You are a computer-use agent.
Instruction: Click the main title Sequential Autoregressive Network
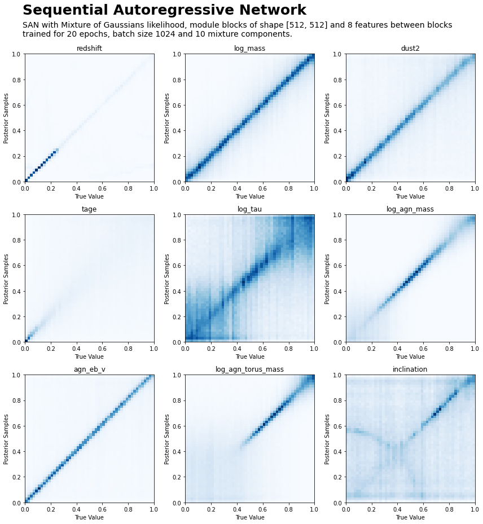tap(164, 10)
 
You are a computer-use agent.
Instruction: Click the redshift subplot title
tap(89, 49)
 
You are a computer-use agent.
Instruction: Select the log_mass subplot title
tap(249, 49)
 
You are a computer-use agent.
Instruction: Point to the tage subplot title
tap(89, 209)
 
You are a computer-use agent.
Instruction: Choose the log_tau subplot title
tap(249, 209)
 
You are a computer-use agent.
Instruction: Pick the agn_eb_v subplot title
tap(89, 369)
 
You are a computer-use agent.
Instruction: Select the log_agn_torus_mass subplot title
tap(249, 369)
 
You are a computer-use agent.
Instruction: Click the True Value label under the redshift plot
tap(89, 196)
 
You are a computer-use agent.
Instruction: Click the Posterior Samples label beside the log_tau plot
tap(167, 279)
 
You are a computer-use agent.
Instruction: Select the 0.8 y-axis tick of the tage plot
tap(17, 240)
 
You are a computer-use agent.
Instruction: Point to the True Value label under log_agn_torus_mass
tap(249, 517)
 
